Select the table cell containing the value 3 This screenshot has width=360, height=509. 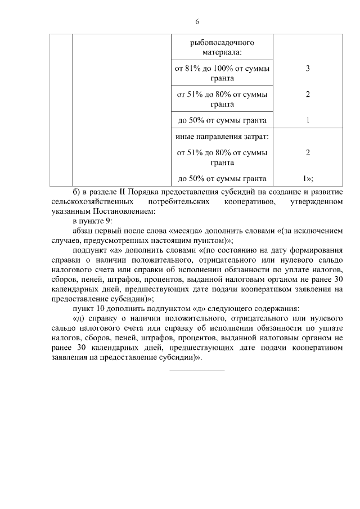[x=308, y=69]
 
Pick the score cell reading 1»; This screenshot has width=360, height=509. [x=308, y=179]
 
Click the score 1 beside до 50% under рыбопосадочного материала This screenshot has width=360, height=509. [x=308, y=120]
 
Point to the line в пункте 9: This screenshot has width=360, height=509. [x=92, y=222]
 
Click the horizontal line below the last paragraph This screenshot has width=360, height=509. [x=197, y=370]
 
